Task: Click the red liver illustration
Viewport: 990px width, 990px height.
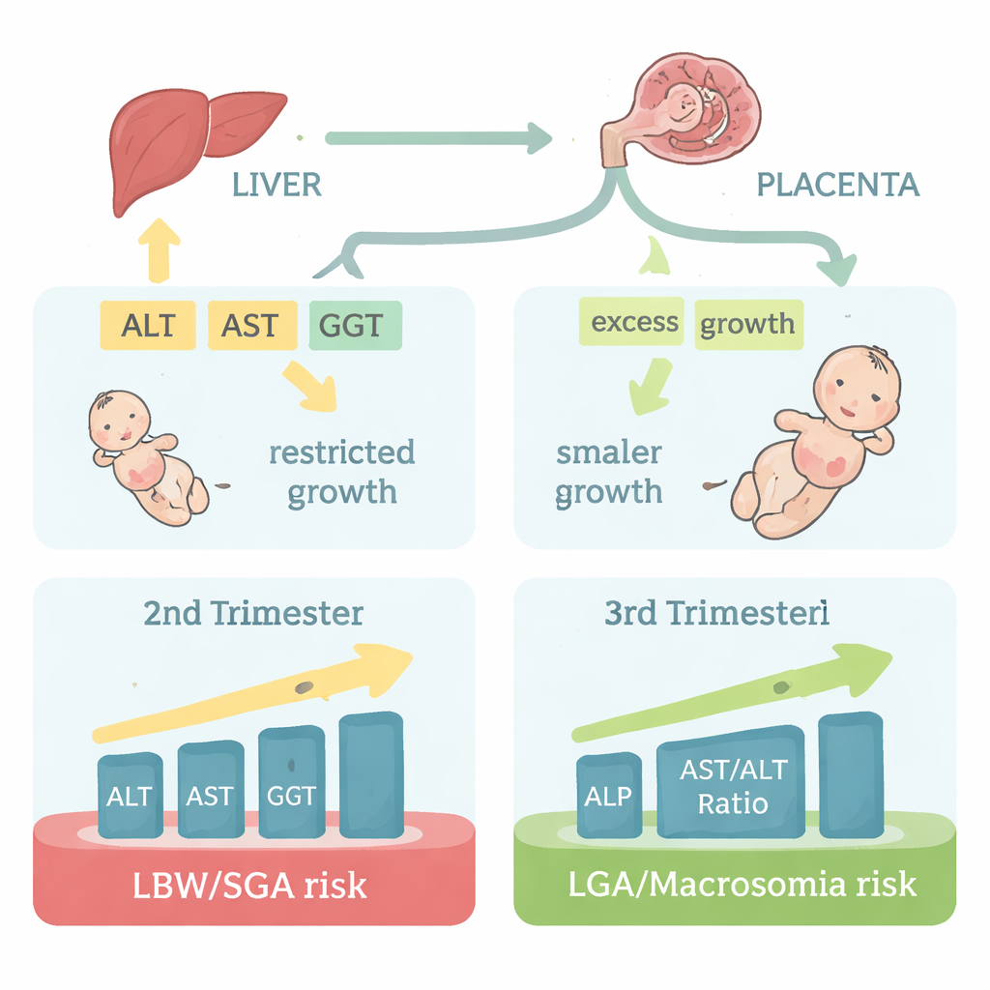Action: click(x=184, y=140)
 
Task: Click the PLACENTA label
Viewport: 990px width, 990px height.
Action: click(x=837, y=185)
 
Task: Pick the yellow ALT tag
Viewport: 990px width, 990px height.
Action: click(x=148, y=325)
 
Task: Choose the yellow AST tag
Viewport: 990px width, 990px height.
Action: click(x=249, y=325)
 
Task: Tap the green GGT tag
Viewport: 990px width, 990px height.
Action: click(x=352, y=325)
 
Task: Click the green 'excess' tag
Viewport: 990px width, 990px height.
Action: click(x=633, y=322)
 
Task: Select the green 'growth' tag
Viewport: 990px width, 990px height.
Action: click(x=746, y=323)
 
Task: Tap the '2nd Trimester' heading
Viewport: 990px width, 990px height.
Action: click(x=253, y=614)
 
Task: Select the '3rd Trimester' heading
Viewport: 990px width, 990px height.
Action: click(x=716, y=614)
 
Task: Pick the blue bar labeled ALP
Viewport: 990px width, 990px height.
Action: click(x=608, y=795)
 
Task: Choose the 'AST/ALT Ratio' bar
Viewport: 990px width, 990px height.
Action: click(x=732, y=783)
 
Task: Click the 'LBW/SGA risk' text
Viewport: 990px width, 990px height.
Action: click(x=251, y=885)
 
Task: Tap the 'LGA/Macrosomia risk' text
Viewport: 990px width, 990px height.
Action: click(x=735, y=885)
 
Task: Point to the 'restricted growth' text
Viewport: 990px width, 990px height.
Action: click(x=341, y=472)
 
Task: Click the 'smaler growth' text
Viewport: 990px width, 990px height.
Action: click(x=609, y=472)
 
